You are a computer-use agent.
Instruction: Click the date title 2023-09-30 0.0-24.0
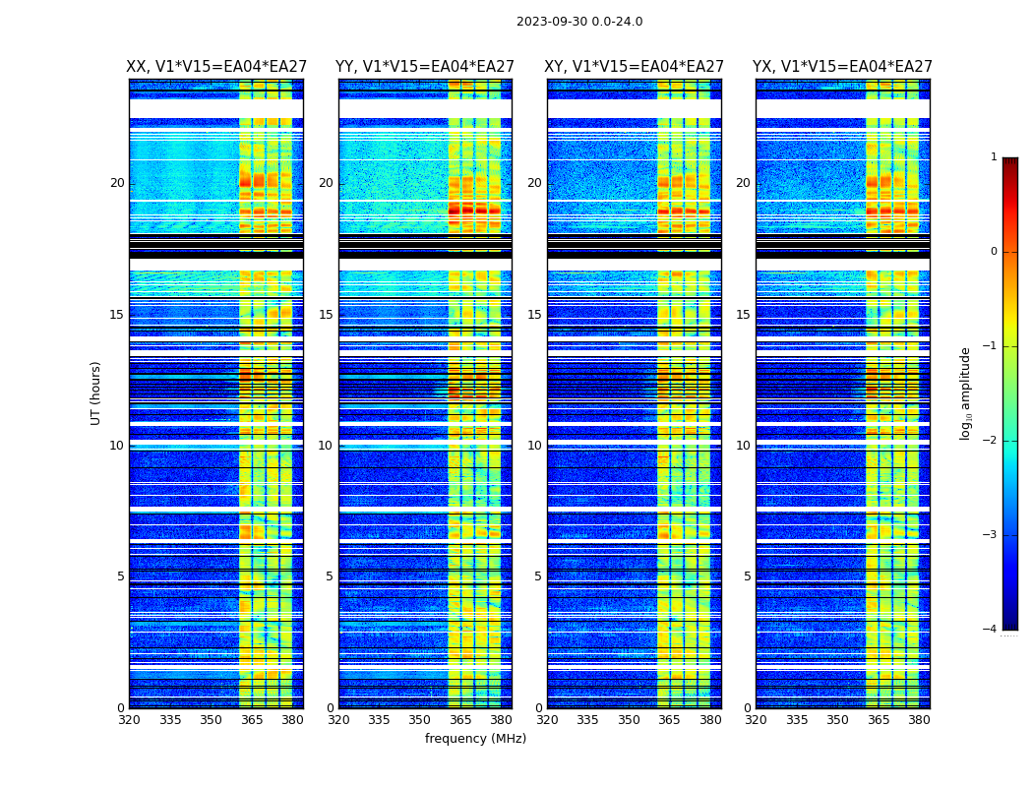pos(579,22)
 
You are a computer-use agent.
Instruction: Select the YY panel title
pos(425,67)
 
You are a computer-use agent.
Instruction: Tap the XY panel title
pos(635,67)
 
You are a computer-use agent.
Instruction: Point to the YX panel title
pos(842,67)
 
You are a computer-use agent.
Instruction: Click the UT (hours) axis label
pos(96,393)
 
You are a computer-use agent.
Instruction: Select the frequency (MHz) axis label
pos(475,739)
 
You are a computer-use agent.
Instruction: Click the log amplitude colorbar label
pos(966,393)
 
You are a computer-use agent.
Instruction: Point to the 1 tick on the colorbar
pos(994,157)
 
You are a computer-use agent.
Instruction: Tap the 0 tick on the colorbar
pos(994,252)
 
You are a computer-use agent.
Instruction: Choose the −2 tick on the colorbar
pos(991,442)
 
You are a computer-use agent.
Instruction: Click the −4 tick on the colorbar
pos(991,630)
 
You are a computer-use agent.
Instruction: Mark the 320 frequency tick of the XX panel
pos(129,720)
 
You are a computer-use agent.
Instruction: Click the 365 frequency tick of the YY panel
pos(460,720)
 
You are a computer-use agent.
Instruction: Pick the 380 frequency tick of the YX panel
pos(919,720)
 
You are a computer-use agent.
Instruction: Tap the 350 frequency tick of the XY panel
pos(629,720)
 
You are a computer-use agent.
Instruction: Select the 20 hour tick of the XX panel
pos(117,183)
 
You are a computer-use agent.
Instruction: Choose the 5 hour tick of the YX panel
pos(747,576)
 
